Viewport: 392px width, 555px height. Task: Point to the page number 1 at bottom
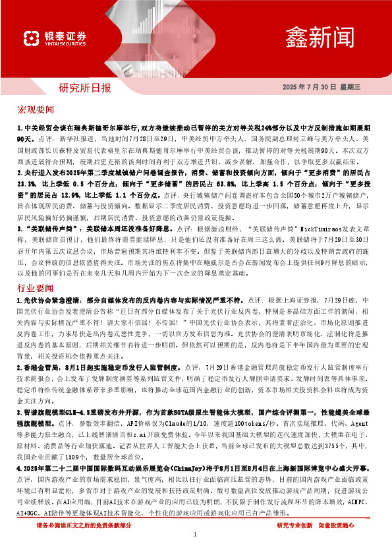pos(196,535)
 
